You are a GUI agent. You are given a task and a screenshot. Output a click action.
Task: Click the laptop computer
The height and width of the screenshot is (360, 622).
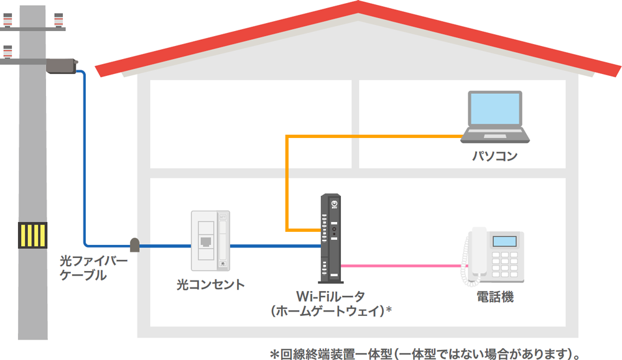(496, 118)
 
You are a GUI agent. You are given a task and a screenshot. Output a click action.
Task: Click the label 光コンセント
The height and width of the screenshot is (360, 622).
(210, 285)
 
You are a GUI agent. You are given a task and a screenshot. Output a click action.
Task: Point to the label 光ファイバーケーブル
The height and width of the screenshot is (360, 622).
(93, 268)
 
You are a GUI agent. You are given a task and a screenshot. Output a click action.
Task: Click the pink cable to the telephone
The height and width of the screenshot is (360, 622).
(404, 266)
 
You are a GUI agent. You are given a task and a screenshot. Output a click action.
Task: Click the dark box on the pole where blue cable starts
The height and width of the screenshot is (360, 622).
(61, 65)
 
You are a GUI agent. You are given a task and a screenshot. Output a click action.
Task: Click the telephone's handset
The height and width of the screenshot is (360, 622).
(478, 252)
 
